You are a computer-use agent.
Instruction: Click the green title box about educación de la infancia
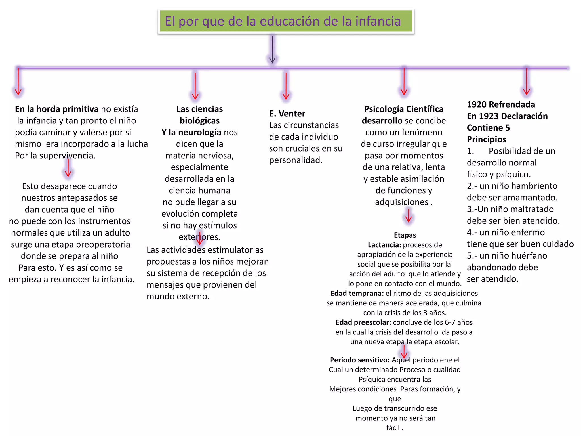[286, 21]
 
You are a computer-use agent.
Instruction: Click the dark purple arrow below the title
[272, 50]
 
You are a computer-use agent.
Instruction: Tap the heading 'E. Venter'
[287, 114]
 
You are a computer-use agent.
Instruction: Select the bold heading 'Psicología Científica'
[404, 109]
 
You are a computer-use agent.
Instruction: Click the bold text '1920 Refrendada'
[501, 104]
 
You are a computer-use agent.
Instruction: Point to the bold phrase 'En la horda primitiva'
[56, 109]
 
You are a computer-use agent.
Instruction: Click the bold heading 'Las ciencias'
[199, 109]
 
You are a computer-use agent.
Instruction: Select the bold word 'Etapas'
[405, 235]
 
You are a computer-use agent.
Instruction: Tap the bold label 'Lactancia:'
[384, 245]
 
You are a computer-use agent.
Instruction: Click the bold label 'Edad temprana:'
[357, 293]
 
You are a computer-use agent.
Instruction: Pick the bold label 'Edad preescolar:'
[363, 322]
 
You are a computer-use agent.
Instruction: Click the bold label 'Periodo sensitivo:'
[359, 360]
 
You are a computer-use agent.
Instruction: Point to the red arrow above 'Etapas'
[409, 216]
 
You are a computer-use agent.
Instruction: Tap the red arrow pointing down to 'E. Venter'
[286, 86]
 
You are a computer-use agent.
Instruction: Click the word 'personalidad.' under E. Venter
[296, 160]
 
